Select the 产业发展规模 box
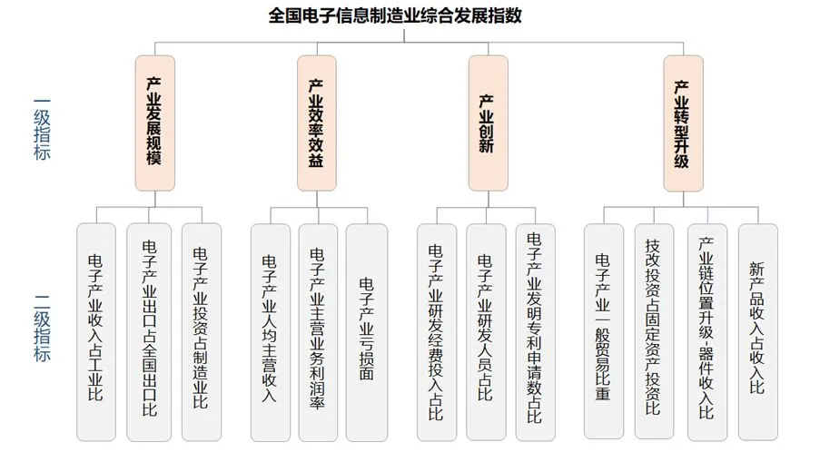(153, 123)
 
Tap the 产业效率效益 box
(316, 123)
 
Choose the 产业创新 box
(487, 123)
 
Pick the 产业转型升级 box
(682, 123)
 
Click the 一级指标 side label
(42, 128)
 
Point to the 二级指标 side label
(42, 327)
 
